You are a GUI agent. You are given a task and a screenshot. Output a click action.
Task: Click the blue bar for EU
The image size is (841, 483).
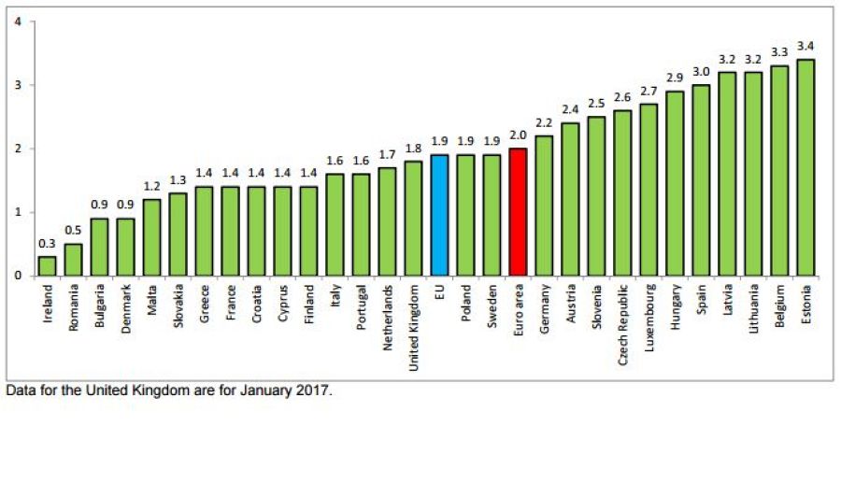tap(439, 215)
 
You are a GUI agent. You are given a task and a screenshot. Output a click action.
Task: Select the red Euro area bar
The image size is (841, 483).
tap(518, 212)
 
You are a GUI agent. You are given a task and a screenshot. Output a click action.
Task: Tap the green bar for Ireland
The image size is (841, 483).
tap(47, 265)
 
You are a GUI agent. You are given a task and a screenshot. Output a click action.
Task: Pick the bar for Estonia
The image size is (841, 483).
tap(805, 167)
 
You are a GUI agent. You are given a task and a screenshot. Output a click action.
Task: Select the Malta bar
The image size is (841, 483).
tap(151, 237)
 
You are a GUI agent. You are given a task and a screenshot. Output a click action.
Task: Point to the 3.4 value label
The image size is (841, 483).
tap(805, 46)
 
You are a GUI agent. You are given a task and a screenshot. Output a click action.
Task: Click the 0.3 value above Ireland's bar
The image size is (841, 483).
tap(47, 243)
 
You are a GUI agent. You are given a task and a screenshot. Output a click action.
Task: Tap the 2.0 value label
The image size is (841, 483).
tap(518, 135)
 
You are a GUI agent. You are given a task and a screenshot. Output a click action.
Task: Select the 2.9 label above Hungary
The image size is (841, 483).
tap(675, 78)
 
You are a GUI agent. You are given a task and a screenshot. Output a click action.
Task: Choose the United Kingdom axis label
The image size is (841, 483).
tap(413, 328)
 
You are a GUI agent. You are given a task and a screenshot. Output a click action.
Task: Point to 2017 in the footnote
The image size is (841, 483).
tap(311, 391)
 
